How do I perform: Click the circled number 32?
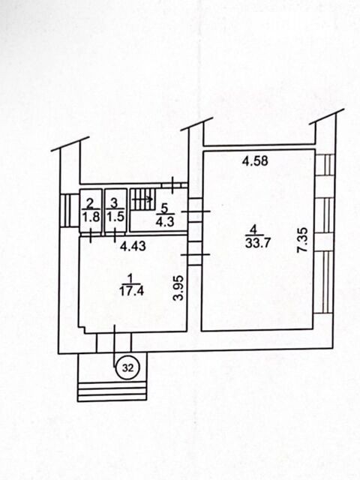pyautogui.click(x=128, y=368)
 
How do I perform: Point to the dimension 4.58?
pyautogui.click(x=255, y=160)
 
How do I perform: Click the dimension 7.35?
pyautogui.click(x=303, y=240)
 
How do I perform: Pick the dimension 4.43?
pyautogui.click(x=133, y=246)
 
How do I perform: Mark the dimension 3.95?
pyautogui.click(x=178, y=288)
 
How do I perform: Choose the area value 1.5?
pyautogui.click(x=115, y=217)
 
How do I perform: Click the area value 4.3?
pyautogui.click(x=165, y=221)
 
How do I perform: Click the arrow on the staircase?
pyautogui.click(x=142, y=199)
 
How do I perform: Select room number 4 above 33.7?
pyautogui.click(x=253, y=229)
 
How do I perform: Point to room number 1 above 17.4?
pyautogui.click(x=130, y=278)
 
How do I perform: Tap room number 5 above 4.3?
pyautogui.click(x=165, y=208)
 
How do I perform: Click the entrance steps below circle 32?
pyautogui.click(x=112, y=391)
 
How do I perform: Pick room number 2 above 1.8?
pyautogui.click(x=90, y=203)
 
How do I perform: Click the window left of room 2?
pyautogui.click(x=66, y=210)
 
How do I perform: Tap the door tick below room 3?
pyautogui.click(x=115, y=235)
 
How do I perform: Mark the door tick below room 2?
pyautogui.click(x=91, y=235)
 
